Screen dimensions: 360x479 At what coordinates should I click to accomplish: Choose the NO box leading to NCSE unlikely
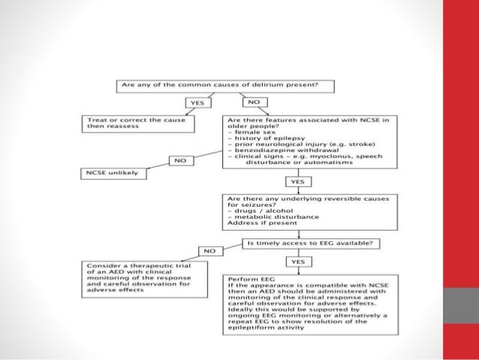click(x=180, y=160)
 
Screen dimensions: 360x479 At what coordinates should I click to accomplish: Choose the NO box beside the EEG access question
click(x=210, y=250)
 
